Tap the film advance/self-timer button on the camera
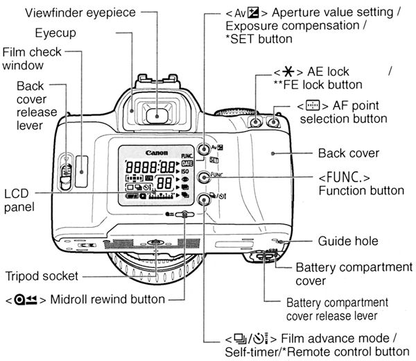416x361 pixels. point(204,201)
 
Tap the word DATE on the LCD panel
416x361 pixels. point(187,164)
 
